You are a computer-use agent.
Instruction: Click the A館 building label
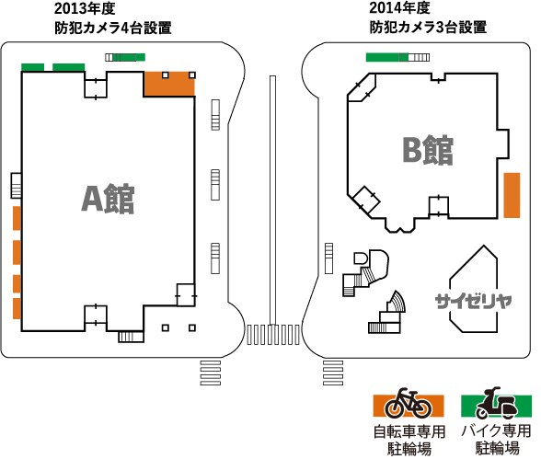click(108, 199)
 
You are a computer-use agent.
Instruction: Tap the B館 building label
click(428, 150)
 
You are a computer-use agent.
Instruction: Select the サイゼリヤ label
click(473, 301)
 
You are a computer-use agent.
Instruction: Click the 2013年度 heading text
click(85, 8)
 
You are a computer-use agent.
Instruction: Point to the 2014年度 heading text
click(399, 8)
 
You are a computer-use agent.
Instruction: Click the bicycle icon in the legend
click(409, 403)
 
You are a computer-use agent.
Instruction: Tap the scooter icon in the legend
click(497, 403)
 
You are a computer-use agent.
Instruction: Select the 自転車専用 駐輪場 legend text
click(409, 441)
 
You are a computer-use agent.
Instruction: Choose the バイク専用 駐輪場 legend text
click(497, 440)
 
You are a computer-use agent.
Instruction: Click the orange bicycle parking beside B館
click(512, 195)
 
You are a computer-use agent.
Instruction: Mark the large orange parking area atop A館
click(169, 84)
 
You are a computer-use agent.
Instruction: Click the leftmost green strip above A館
click(33, 67)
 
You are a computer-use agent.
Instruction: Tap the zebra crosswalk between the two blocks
click(273, 335)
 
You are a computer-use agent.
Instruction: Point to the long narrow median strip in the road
click(272, 201)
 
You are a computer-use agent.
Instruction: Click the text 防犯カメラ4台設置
click(113, 28)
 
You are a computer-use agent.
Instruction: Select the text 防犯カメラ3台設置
click(428, 27)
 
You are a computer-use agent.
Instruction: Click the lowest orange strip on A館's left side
click(17, 309)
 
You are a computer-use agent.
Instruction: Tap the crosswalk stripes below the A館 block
click(211, 373)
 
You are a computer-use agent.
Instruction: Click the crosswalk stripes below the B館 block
click(333, 373)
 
